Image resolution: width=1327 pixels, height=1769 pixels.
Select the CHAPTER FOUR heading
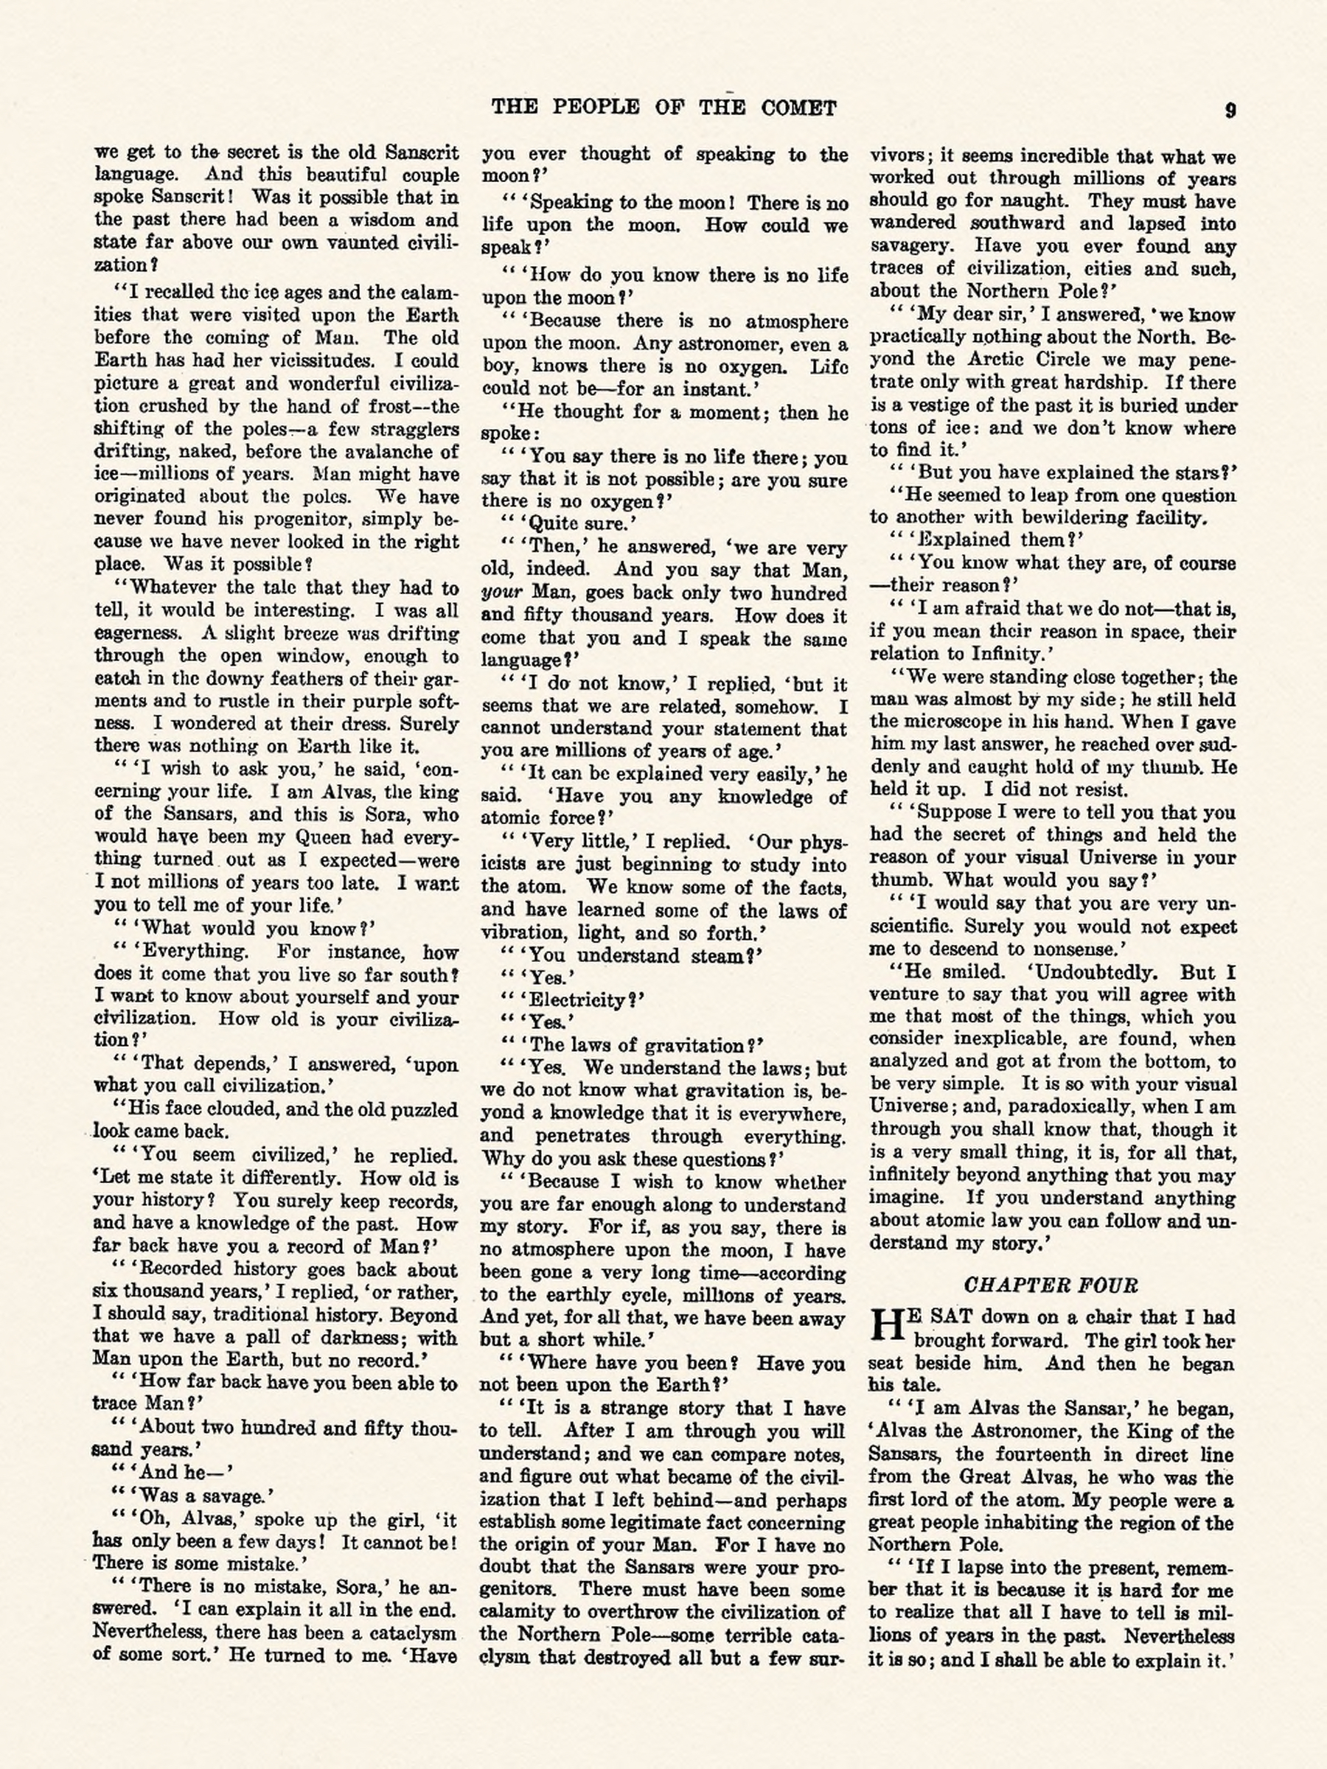1051,1285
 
